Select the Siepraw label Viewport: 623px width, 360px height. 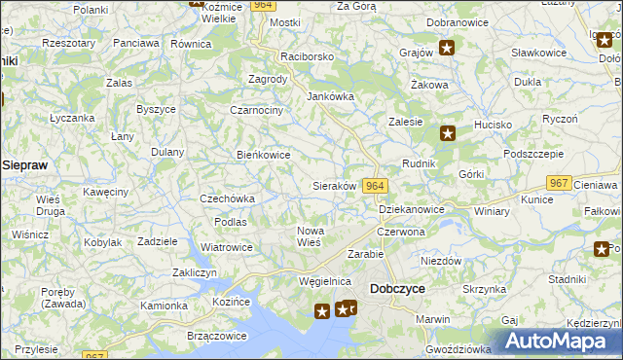(x=25, y=165)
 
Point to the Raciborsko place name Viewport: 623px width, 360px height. (x=307, y=56)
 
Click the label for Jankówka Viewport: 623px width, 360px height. (x=331, y=96)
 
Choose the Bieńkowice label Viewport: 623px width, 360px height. (x=264, y=154)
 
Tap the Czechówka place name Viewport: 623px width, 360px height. (x=227, y=198)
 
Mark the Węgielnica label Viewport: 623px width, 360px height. (x=324, y=281)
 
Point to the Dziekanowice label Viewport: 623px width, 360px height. (x=411, y=209)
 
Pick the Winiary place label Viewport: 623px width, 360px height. (x=492, y=210)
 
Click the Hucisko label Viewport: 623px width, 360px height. (x=493, y=125)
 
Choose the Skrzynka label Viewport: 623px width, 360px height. (x=484, y=289)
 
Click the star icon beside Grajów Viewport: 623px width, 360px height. (x=447, y=47)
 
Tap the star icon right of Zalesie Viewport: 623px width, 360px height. (x=447, y=133)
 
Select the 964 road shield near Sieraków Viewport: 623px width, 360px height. (x=376, y=185)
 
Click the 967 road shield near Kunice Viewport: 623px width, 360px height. (x=558, y=183)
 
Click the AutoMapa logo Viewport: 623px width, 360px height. (x=558, y=341)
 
